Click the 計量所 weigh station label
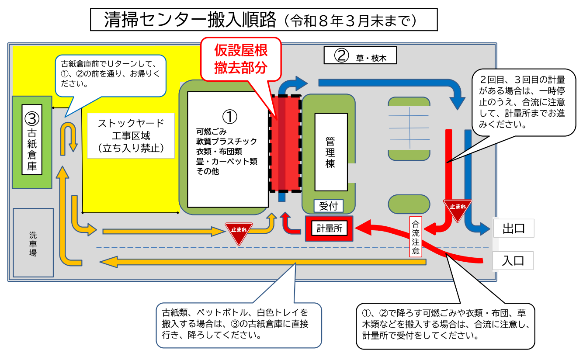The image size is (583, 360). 329,228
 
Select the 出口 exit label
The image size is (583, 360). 513,228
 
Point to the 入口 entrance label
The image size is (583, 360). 513,261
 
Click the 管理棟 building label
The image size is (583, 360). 331,152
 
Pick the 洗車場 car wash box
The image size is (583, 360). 33,242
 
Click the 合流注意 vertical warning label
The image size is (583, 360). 416,236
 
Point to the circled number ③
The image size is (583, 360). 32,118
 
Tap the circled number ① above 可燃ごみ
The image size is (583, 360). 229,116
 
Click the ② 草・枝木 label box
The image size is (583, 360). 360,55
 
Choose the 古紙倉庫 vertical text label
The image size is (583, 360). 32,149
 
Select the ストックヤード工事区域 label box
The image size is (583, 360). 131,135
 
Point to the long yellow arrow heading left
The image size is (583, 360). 262,262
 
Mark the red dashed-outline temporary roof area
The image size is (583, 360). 285,144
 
